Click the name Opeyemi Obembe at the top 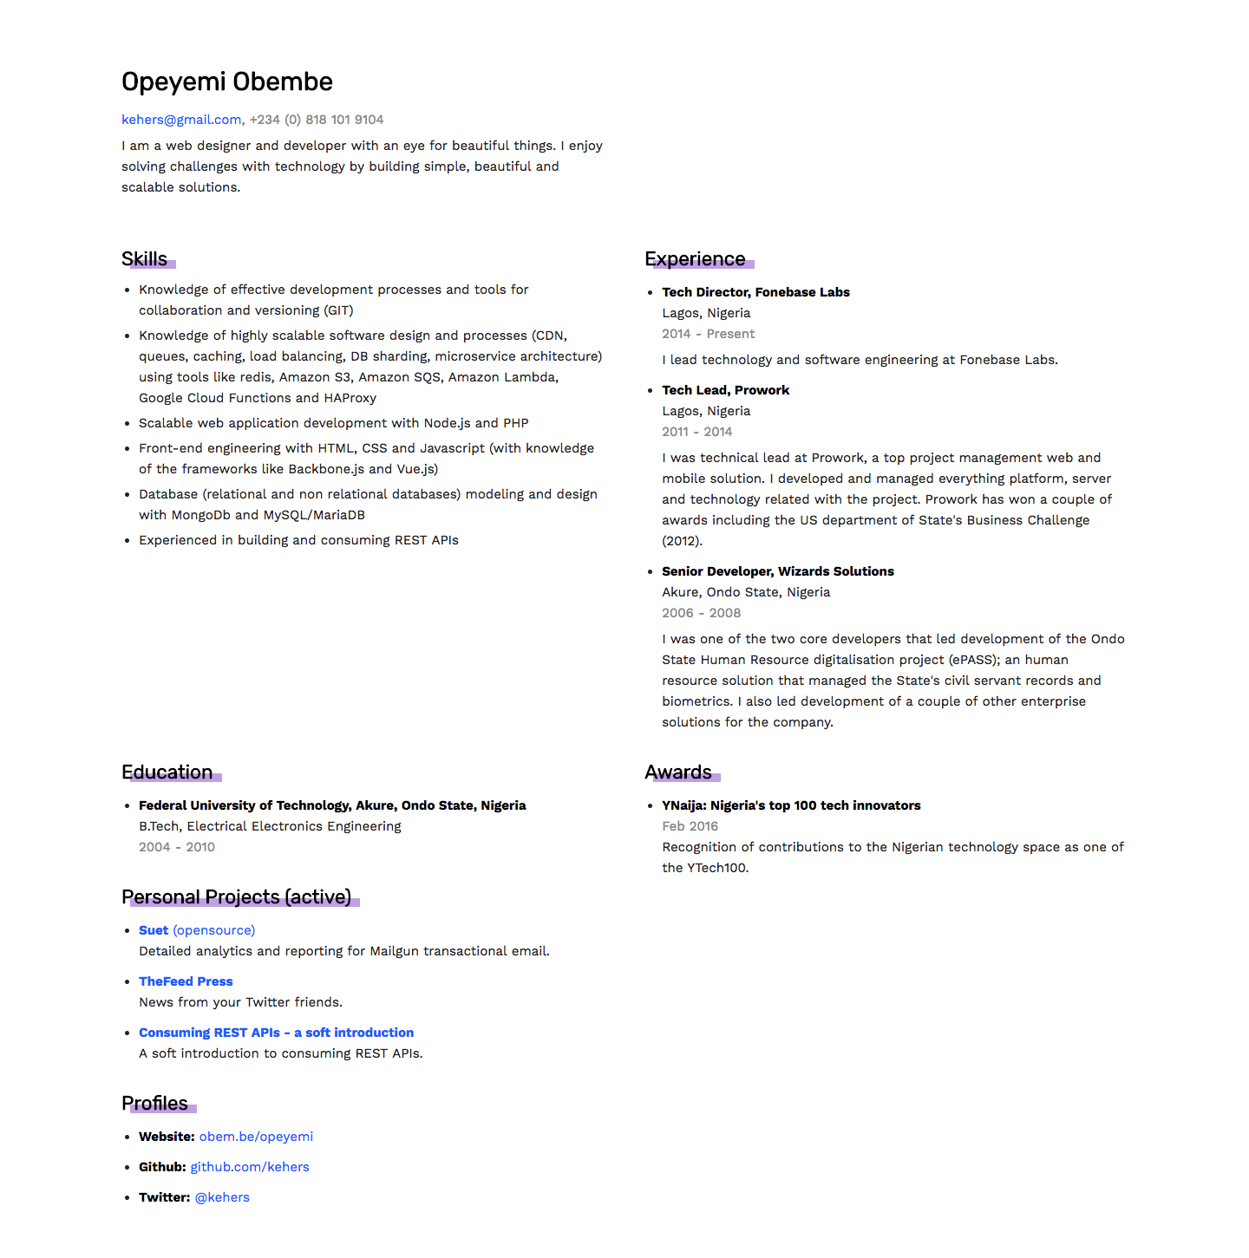(x=227, y=81)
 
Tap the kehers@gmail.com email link (x=181, y=120)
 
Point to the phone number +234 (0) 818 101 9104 (x=317, y=120)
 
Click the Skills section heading (x=145, y=259)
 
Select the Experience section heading (x=695, y=259)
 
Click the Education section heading (x=167, y=772)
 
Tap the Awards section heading (x=678, y=772)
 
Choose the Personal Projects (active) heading (x=237, y=897)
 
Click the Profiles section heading (x=155, y=1104)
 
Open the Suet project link (x=154, y=930)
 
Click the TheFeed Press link (x=186, y=981)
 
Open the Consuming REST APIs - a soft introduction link (x=276, y=1033)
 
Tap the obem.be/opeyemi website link (x=256, y=1137)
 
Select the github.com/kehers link (x=250, y=1167)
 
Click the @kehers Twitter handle (x=222, y=1197)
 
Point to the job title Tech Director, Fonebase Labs (x=755, y=292)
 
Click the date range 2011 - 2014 (x=696, y=432)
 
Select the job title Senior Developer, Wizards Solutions (x=777, y=571)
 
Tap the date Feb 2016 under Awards (x=690, y=826)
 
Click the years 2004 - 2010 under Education (x=177, y=847)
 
